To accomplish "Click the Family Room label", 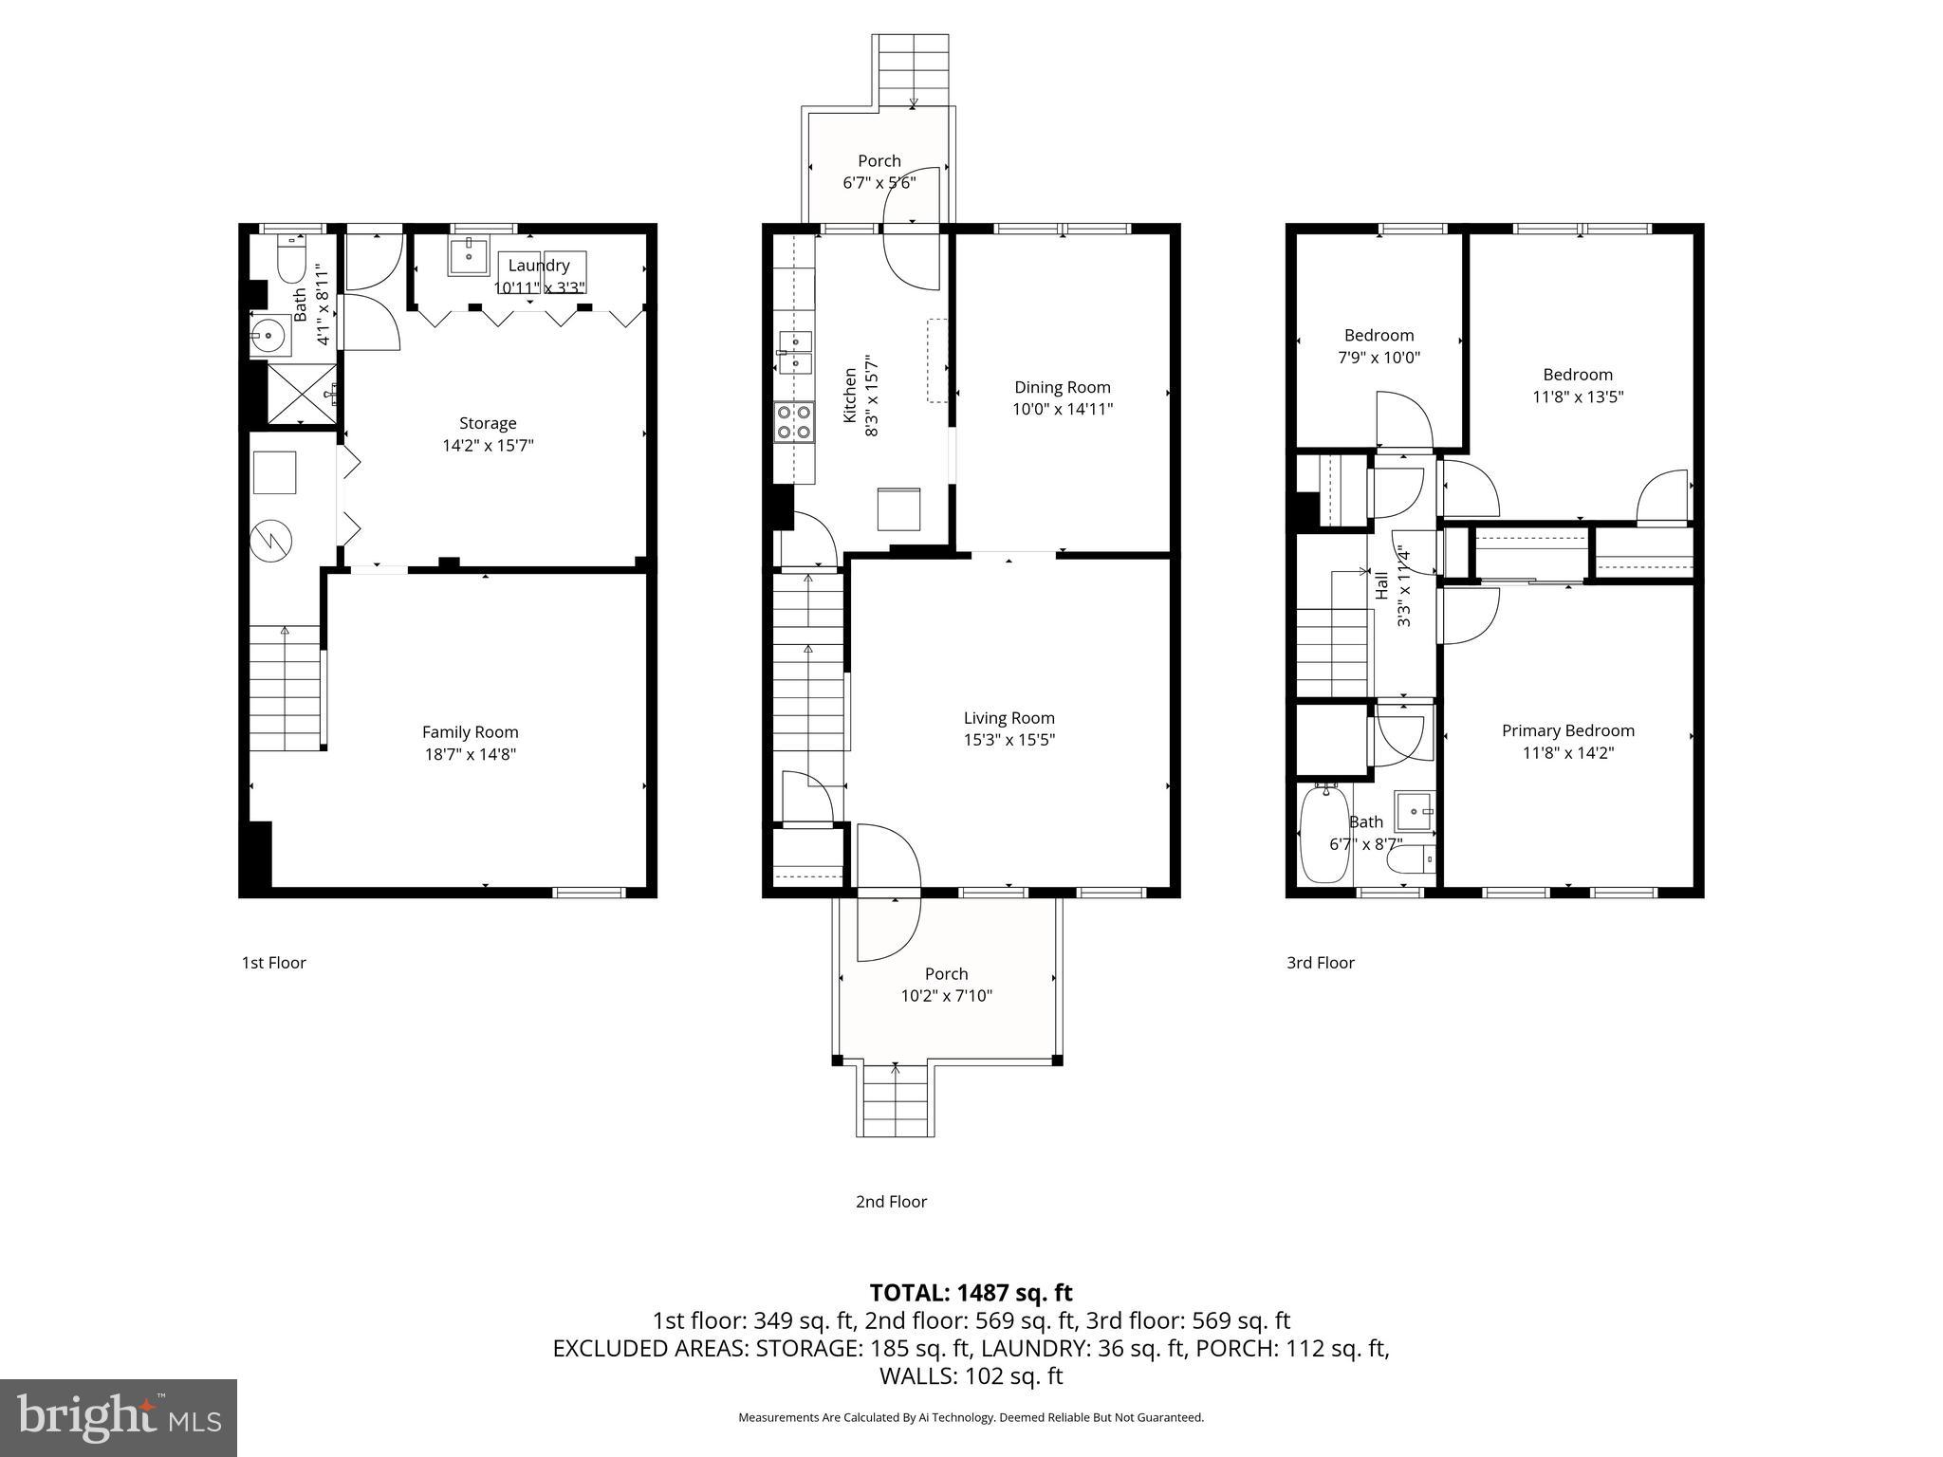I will click(x=470, y=732).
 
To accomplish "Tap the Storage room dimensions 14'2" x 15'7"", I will click(x=488, y=446).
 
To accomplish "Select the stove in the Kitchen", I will click(x=794, y=422).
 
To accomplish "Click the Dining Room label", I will click(x=1062, y=387).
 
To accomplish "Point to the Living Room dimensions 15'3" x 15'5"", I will click(x=1009, y=741).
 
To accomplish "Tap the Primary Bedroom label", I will click(x=1567, y=730).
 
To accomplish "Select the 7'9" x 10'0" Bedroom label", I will click(x=1379, y=335).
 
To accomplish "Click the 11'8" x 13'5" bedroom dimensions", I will click(x=1578, y=397).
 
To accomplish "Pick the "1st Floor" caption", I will click(x=273, y=963).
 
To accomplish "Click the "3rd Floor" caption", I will click(x=1320, y=963).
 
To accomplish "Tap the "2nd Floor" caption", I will click(x=891, y=1202).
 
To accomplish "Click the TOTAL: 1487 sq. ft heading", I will click(x=971, y=1293).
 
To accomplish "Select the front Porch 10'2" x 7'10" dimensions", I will click(x=946, y=996).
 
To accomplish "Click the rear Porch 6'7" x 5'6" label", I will click(x=879, y=161).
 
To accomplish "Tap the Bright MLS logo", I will click(x=119, y=1417).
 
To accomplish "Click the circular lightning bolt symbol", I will click(x=271, y=541).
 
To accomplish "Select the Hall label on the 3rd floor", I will click(x=1382, y=585).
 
